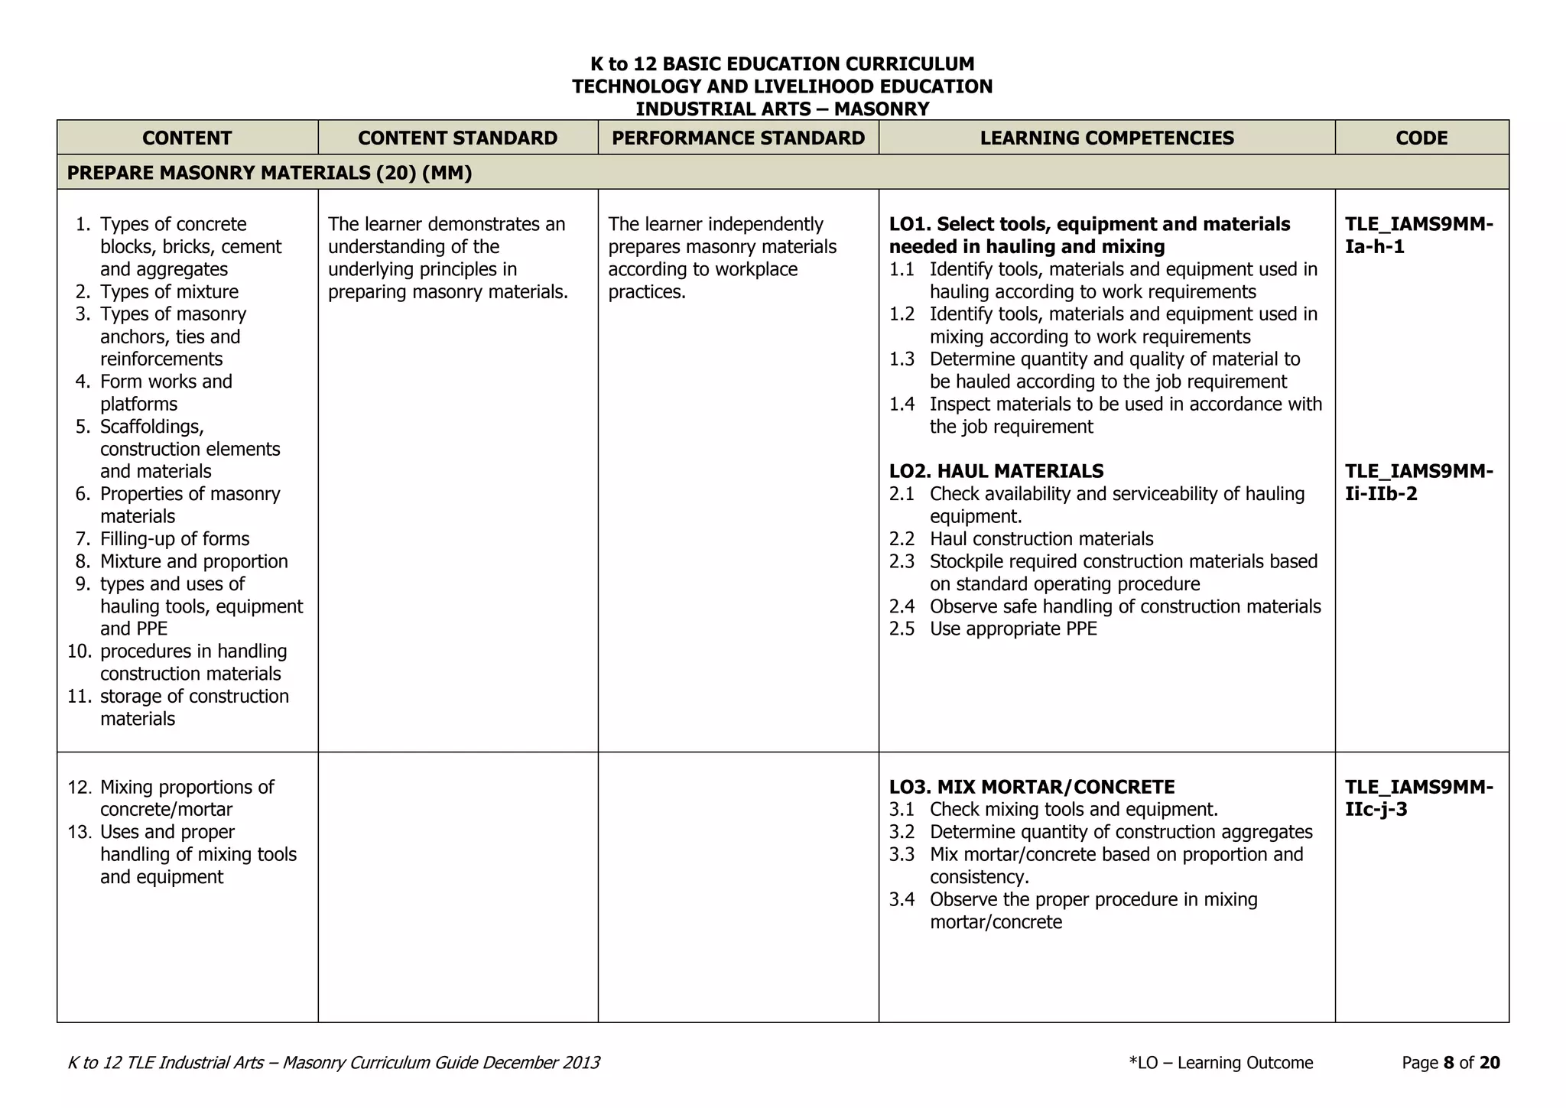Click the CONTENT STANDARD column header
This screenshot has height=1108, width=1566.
click(x=457, y=138)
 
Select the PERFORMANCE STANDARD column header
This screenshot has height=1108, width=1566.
click(x=738, y=138)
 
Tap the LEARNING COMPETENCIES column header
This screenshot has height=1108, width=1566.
click(x=1106, y=138)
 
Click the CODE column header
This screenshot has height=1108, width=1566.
click(x=1421, y=138)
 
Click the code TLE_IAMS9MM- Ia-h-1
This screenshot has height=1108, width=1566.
click(x=1418, y=235)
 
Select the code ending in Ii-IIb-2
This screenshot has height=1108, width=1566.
click(x=1418, y=482)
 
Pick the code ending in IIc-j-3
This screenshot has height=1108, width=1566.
click(x=1418, y=798)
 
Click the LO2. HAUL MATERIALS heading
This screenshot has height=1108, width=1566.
click(x=996, y=471)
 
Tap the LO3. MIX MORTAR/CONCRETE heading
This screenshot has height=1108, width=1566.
click(x=1032, y=787)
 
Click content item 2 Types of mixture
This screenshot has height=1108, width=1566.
click(x=169, y=291)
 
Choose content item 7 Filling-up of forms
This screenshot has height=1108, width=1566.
click(x=174, y=539)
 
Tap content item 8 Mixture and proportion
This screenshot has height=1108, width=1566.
click(x=193, y=561)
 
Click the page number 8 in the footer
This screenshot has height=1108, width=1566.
click(x=1448, y=1063)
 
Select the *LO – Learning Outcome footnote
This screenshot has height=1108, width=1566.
click(x=1220, y=1063)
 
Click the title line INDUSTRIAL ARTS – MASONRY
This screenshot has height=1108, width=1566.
click(x=782, y=109)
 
